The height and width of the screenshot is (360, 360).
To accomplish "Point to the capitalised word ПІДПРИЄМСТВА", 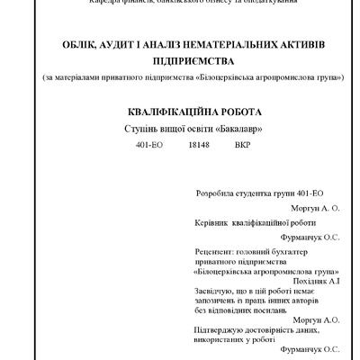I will [179, 61].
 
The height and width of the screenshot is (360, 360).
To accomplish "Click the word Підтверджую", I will [220, 329].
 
